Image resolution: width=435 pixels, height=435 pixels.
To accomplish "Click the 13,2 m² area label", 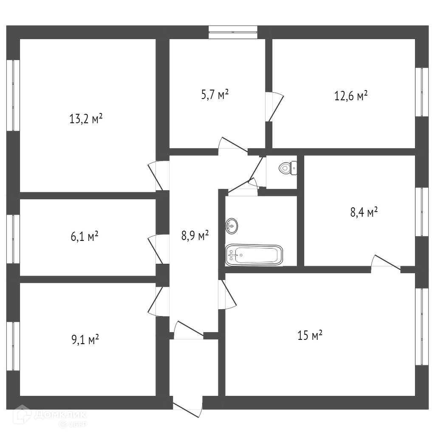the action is [x=86, y=119].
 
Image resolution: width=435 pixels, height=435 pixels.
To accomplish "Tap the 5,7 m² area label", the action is [x=215, y=94].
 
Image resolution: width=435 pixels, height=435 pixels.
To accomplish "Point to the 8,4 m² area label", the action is [x=364, y=212].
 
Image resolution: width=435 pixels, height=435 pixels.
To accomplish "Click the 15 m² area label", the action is [x=310, y=336].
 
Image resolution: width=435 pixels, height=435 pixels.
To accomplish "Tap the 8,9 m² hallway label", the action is [x=195, y=235].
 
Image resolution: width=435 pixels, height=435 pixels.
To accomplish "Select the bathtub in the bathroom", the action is [x=254, y=255].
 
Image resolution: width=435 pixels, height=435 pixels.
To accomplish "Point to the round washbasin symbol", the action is [x=232, y=225].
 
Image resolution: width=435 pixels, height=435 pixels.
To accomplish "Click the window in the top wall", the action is [x=233, y=32].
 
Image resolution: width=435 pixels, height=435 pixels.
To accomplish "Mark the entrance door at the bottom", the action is [x=187, y=406].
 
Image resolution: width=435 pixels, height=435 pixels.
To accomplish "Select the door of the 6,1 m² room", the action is [x=155, y=249].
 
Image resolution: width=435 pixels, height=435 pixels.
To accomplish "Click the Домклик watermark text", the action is [x=61, y=414].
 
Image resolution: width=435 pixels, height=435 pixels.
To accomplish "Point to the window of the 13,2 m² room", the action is [x=13, y=95].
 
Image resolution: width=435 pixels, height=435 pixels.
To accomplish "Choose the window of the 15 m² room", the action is [x=421, y=326].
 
